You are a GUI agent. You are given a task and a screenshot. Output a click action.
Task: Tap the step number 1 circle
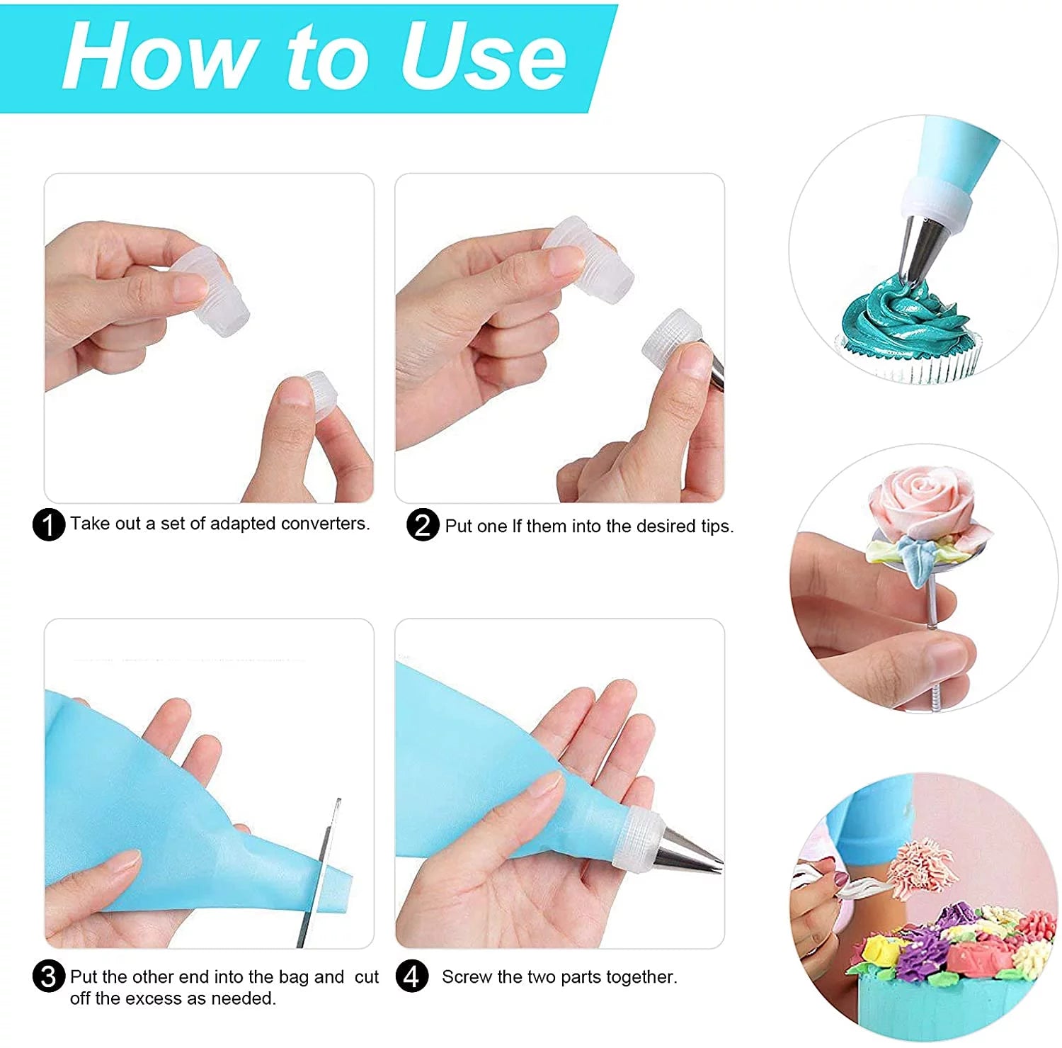[49, 525]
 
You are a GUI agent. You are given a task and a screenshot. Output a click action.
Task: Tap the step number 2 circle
[423, 525]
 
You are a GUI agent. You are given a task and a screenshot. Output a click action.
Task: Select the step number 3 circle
[49, 977]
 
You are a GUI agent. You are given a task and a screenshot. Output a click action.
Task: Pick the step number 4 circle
[412, 977]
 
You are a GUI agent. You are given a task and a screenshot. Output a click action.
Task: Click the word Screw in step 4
[467, 977]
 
